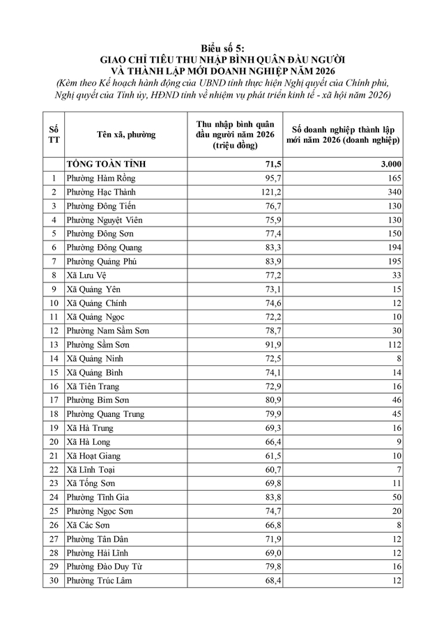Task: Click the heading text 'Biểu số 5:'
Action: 222,47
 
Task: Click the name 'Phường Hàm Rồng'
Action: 100,178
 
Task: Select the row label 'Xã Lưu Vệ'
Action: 87,275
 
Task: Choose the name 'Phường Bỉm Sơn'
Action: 98,400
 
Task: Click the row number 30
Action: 53,580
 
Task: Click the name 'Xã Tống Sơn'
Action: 91,483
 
